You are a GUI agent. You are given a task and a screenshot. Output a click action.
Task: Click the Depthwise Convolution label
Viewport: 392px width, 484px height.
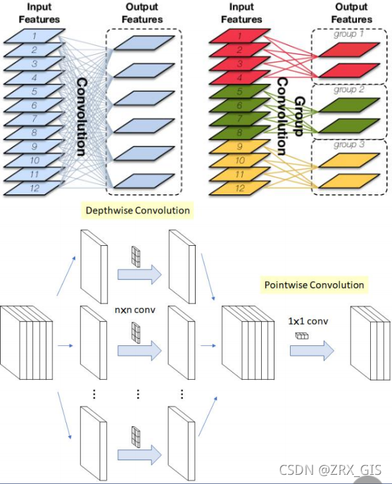coord(137,211)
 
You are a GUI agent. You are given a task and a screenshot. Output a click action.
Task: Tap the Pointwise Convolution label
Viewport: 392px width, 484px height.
coord(314,285)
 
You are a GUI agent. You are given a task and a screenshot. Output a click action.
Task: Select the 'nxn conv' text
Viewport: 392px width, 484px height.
coord(135,309)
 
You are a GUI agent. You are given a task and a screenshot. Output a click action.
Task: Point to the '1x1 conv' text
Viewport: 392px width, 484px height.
coord(308,321)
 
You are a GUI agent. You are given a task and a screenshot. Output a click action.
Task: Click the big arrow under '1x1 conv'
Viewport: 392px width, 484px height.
coord(312,351)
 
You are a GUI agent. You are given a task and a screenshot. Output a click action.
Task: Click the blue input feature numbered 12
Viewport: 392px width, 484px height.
coord(34,188)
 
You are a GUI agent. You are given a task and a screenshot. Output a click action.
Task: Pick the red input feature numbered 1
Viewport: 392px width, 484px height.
coord(240,36)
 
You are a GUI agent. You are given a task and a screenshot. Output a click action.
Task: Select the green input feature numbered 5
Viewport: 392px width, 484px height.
coord(240,92)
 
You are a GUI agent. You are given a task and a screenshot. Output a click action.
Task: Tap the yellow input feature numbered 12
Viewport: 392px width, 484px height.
coord(240,188)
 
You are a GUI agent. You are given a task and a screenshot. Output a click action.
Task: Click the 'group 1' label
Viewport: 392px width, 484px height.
coord(348,34)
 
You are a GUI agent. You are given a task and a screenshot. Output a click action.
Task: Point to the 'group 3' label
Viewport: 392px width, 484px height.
coord(349,144)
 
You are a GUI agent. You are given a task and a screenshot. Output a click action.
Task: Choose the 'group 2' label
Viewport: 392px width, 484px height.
coord(349,89)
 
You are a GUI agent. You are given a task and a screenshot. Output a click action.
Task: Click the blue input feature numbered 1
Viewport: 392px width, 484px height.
coord(34,36)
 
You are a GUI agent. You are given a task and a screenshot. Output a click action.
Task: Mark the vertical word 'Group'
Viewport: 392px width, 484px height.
coord(300,116)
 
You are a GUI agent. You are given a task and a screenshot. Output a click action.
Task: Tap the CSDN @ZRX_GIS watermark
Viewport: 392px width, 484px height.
coord(330,470)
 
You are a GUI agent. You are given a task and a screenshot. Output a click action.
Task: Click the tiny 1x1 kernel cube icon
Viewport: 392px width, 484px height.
coord(302,336)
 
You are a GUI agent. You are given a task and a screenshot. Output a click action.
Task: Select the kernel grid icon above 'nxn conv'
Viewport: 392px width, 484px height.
coord(136,256)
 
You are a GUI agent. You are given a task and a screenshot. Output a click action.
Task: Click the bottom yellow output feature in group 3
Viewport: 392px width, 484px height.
coord(349,181)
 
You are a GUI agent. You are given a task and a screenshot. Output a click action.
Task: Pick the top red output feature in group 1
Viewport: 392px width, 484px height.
coord(349,50)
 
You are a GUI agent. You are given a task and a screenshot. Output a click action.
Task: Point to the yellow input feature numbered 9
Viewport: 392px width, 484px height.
coord(240,147)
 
